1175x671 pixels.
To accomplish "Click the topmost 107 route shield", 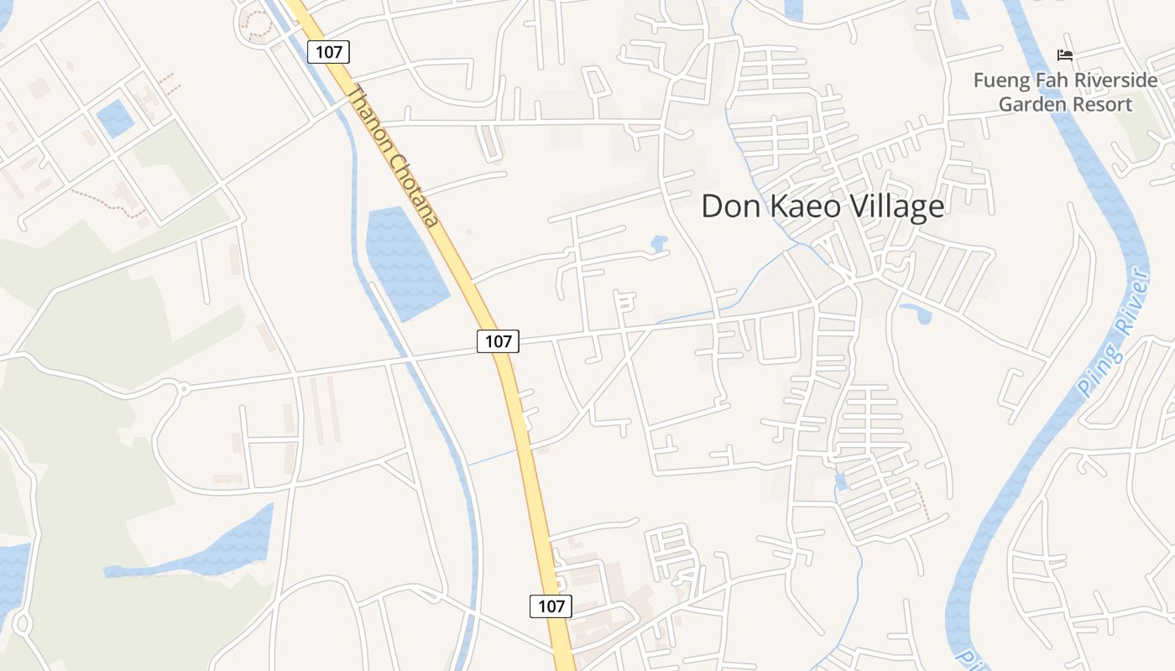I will pyautogui.click(x=328, y=52).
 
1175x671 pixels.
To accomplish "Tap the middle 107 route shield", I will pyautogui.click(x=498, y=341).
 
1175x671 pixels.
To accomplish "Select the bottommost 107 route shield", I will pyautogui.click(x=551, y=606).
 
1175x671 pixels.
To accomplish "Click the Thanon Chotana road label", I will pyautogui.click(x=393, y=157).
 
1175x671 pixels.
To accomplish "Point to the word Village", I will pyautogui.click(x=888, y=206).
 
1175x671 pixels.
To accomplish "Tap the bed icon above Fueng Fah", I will pyautogui.click(x=1065, y=55).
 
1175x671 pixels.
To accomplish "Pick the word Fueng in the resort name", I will pyautogui.click(x=999, y=81).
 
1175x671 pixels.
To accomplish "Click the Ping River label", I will pyautogui.click(x=1114, y=333).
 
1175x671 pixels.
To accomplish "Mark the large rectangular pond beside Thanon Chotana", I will pyautogui.click(x=405, y=262).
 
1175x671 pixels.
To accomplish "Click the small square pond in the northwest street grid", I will pyautogui.click(x=115, y=118).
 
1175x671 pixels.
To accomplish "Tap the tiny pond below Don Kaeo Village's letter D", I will pyautogui.click(x=659, y=243).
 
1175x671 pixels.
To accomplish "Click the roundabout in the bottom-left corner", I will pyautogui.click(x=22, y=624).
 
